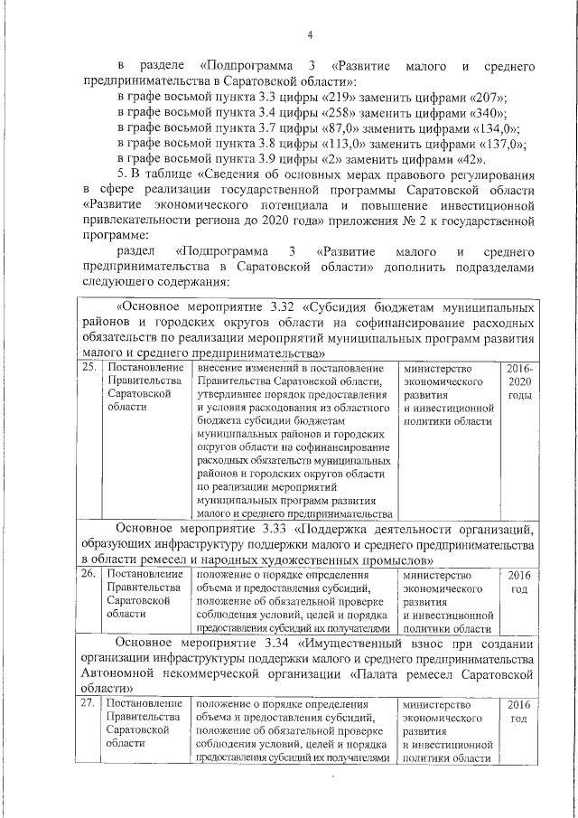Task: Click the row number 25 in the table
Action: (89, 369)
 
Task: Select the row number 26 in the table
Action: (89, 574)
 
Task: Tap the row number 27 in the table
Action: (89, 704)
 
